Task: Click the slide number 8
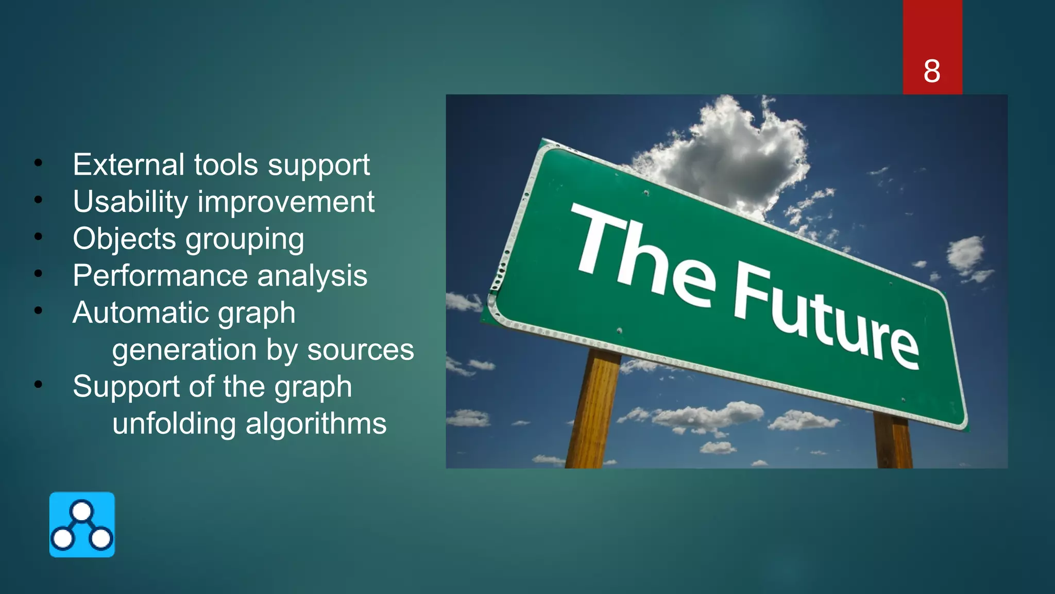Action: point(931,71)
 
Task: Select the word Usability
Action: point(130,202)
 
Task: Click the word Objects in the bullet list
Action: point(124,239)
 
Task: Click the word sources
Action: point(360,350)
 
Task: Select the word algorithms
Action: point(316,424)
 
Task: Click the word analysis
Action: point(312,276)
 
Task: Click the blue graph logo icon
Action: point(82,524)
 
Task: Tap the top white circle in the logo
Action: point(82,511)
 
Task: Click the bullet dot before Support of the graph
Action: point(38,385)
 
